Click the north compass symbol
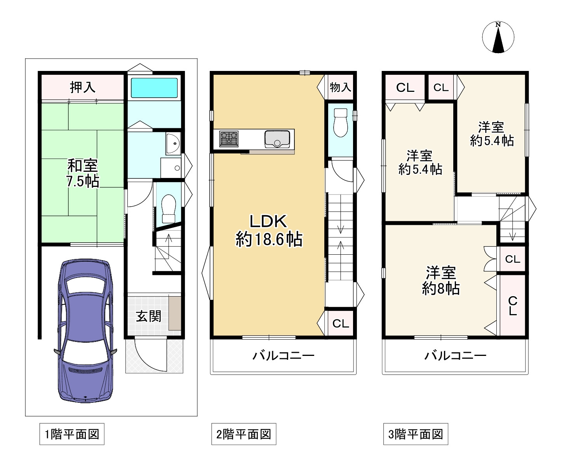point(498,37)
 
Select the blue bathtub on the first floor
point(154,88)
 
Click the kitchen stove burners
point(229,139)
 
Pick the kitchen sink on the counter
point(277,139)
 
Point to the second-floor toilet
point(341,123)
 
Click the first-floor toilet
point(169,209)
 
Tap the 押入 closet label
point(83,87)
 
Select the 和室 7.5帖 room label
point(83,173)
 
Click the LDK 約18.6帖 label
point(269,230)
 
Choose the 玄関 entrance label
point(148,316)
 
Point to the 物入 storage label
point(341,87)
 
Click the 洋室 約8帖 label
point(440,281)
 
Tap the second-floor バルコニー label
point(284,356)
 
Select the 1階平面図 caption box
point(72,434)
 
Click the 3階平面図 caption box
point(416,434)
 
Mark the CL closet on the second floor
point(341,324)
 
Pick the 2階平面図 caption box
point(244,434)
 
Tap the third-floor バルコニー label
point(456,356)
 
